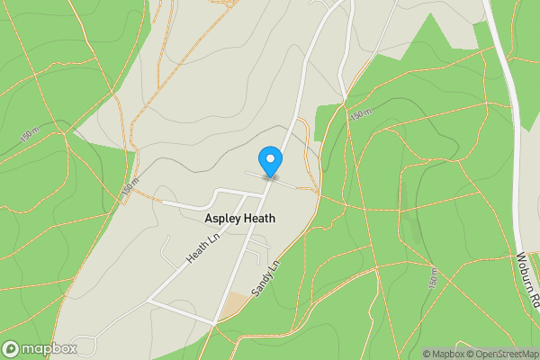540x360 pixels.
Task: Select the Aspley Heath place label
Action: point(239,219)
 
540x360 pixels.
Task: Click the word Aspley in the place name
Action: point(221,219)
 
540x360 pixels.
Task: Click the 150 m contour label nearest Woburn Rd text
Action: point(433,279)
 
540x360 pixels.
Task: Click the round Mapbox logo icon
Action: point(12,348)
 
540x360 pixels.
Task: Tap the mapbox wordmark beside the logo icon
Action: point(49,348)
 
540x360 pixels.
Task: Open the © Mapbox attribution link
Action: point(445,354)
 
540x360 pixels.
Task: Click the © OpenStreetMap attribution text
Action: point(502,354)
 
